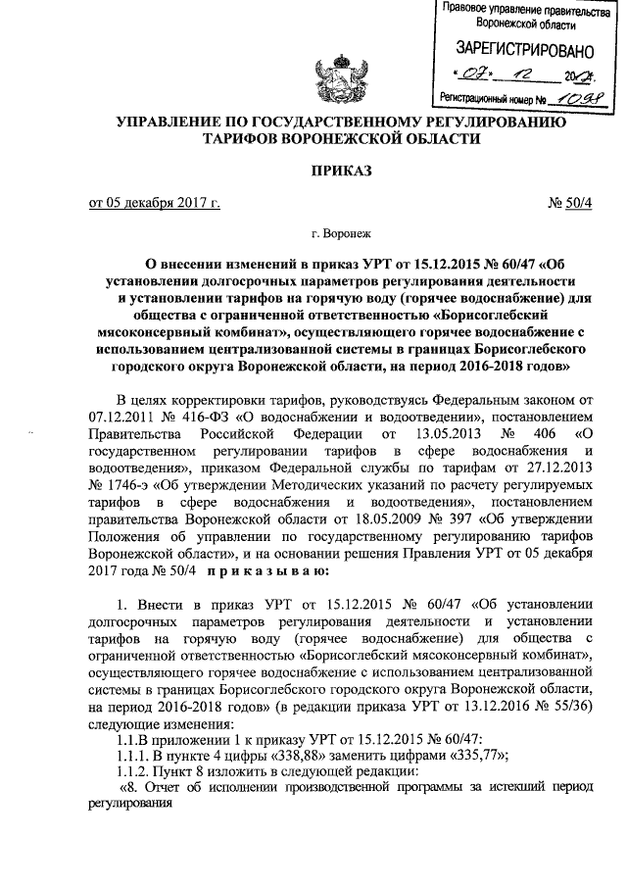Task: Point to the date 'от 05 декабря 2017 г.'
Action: [x=155, y=203]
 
